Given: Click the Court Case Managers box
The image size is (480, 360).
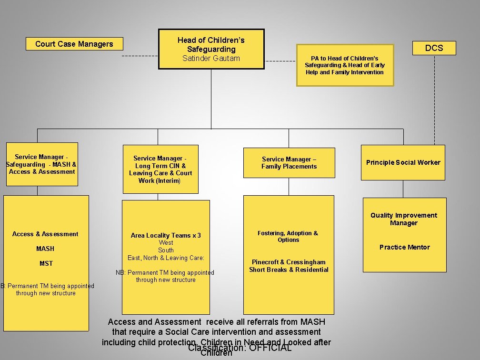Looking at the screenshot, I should click(74, 44).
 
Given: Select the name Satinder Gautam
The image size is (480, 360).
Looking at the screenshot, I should click(211, 58).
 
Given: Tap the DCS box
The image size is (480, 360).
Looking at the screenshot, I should click(434, 48).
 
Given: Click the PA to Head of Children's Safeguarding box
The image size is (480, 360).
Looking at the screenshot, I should click(345, 65).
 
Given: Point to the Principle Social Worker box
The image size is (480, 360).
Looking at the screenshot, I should click(403, 162).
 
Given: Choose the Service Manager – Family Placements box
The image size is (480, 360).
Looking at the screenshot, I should click(289, 163).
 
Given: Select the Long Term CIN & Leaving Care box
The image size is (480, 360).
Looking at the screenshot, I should click(160, 169).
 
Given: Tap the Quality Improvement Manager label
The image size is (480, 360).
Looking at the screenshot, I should click(404, 219).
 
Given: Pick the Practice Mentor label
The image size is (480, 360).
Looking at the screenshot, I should click(404, 247).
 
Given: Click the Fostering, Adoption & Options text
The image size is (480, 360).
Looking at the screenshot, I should click(288, 236).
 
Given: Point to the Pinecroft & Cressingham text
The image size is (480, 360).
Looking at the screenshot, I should click(289, 262).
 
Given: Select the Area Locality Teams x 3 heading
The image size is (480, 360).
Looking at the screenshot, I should click(166, 235).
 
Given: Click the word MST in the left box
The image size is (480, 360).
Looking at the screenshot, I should click(46, 263).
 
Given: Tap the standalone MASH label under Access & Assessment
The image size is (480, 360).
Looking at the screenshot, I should click(45, 249).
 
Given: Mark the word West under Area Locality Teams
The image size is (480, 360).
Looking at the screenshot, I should click(166, 243).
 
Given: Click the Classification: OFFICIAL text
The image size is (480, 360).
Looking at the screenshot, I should click(240, 348).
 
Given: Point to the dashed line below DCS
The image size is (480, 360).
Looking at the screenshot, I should click(434, 95).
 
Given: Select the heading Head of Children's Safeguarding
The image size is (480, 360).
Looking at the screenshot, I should click(211, 44).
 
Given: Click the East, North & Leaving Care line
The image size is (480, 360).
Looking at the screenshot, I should click(166, 258).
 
